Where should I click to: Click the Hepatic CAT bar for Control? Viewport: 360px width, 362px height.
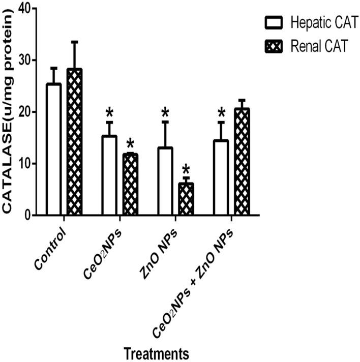pos(53,149)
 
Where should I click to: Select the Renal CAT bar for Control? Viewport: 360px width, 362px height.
pos(74,142)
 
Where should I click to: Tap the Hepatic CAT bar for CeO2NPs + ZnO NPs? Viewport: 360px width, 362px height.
pos(221,177)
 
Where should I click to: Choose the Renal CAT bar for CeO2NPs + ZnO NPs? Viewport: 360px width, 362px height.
pos(242,162)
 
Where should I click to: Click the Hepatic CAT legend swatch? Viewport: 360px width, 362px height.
pos(274,21)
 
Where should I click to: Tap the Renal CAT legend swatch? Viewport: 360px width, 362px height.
pos(274,47)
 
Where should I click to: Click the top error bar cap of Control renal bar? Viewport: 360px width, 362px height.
pos(74,42)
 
